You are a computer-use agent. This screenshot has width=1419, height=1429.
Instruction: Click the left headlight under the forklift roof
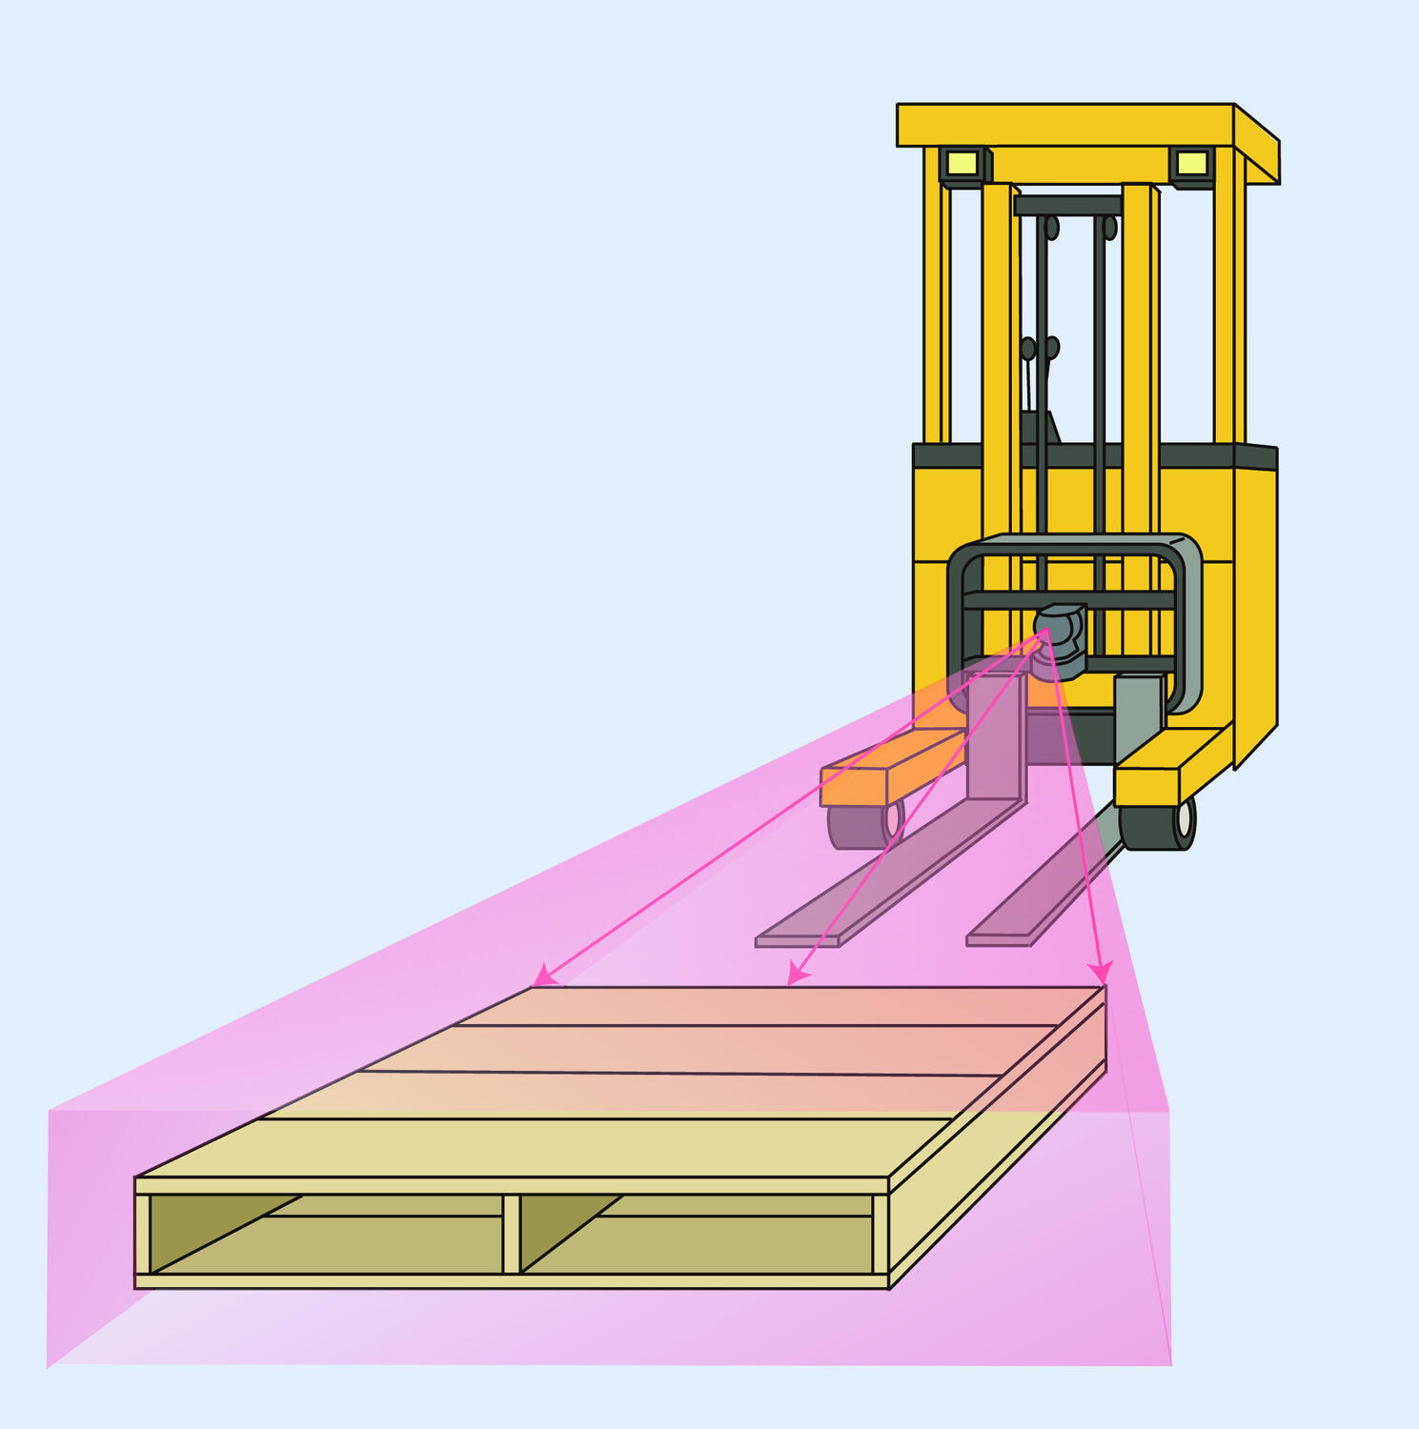963,163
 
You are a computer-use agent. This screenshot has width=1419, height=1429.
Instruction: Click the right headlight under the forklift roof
1191,164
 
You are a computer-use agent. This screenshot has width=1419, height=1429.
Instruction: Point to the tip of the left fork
797,940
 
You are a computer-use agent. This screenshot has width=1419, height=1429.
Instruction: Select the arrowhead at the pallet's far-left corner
542,977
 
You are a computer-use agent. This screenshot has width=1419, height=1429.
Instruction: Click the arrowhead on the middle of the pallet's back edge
797,977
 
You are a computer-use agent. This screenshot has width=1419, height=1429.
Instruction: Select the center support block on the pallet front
511,1233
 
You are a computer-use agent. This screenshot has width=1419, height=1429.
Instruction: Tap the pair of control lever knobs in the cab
1040,348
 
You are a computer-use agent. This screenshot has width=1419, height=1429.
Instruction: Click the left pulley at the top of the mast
1052,229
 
